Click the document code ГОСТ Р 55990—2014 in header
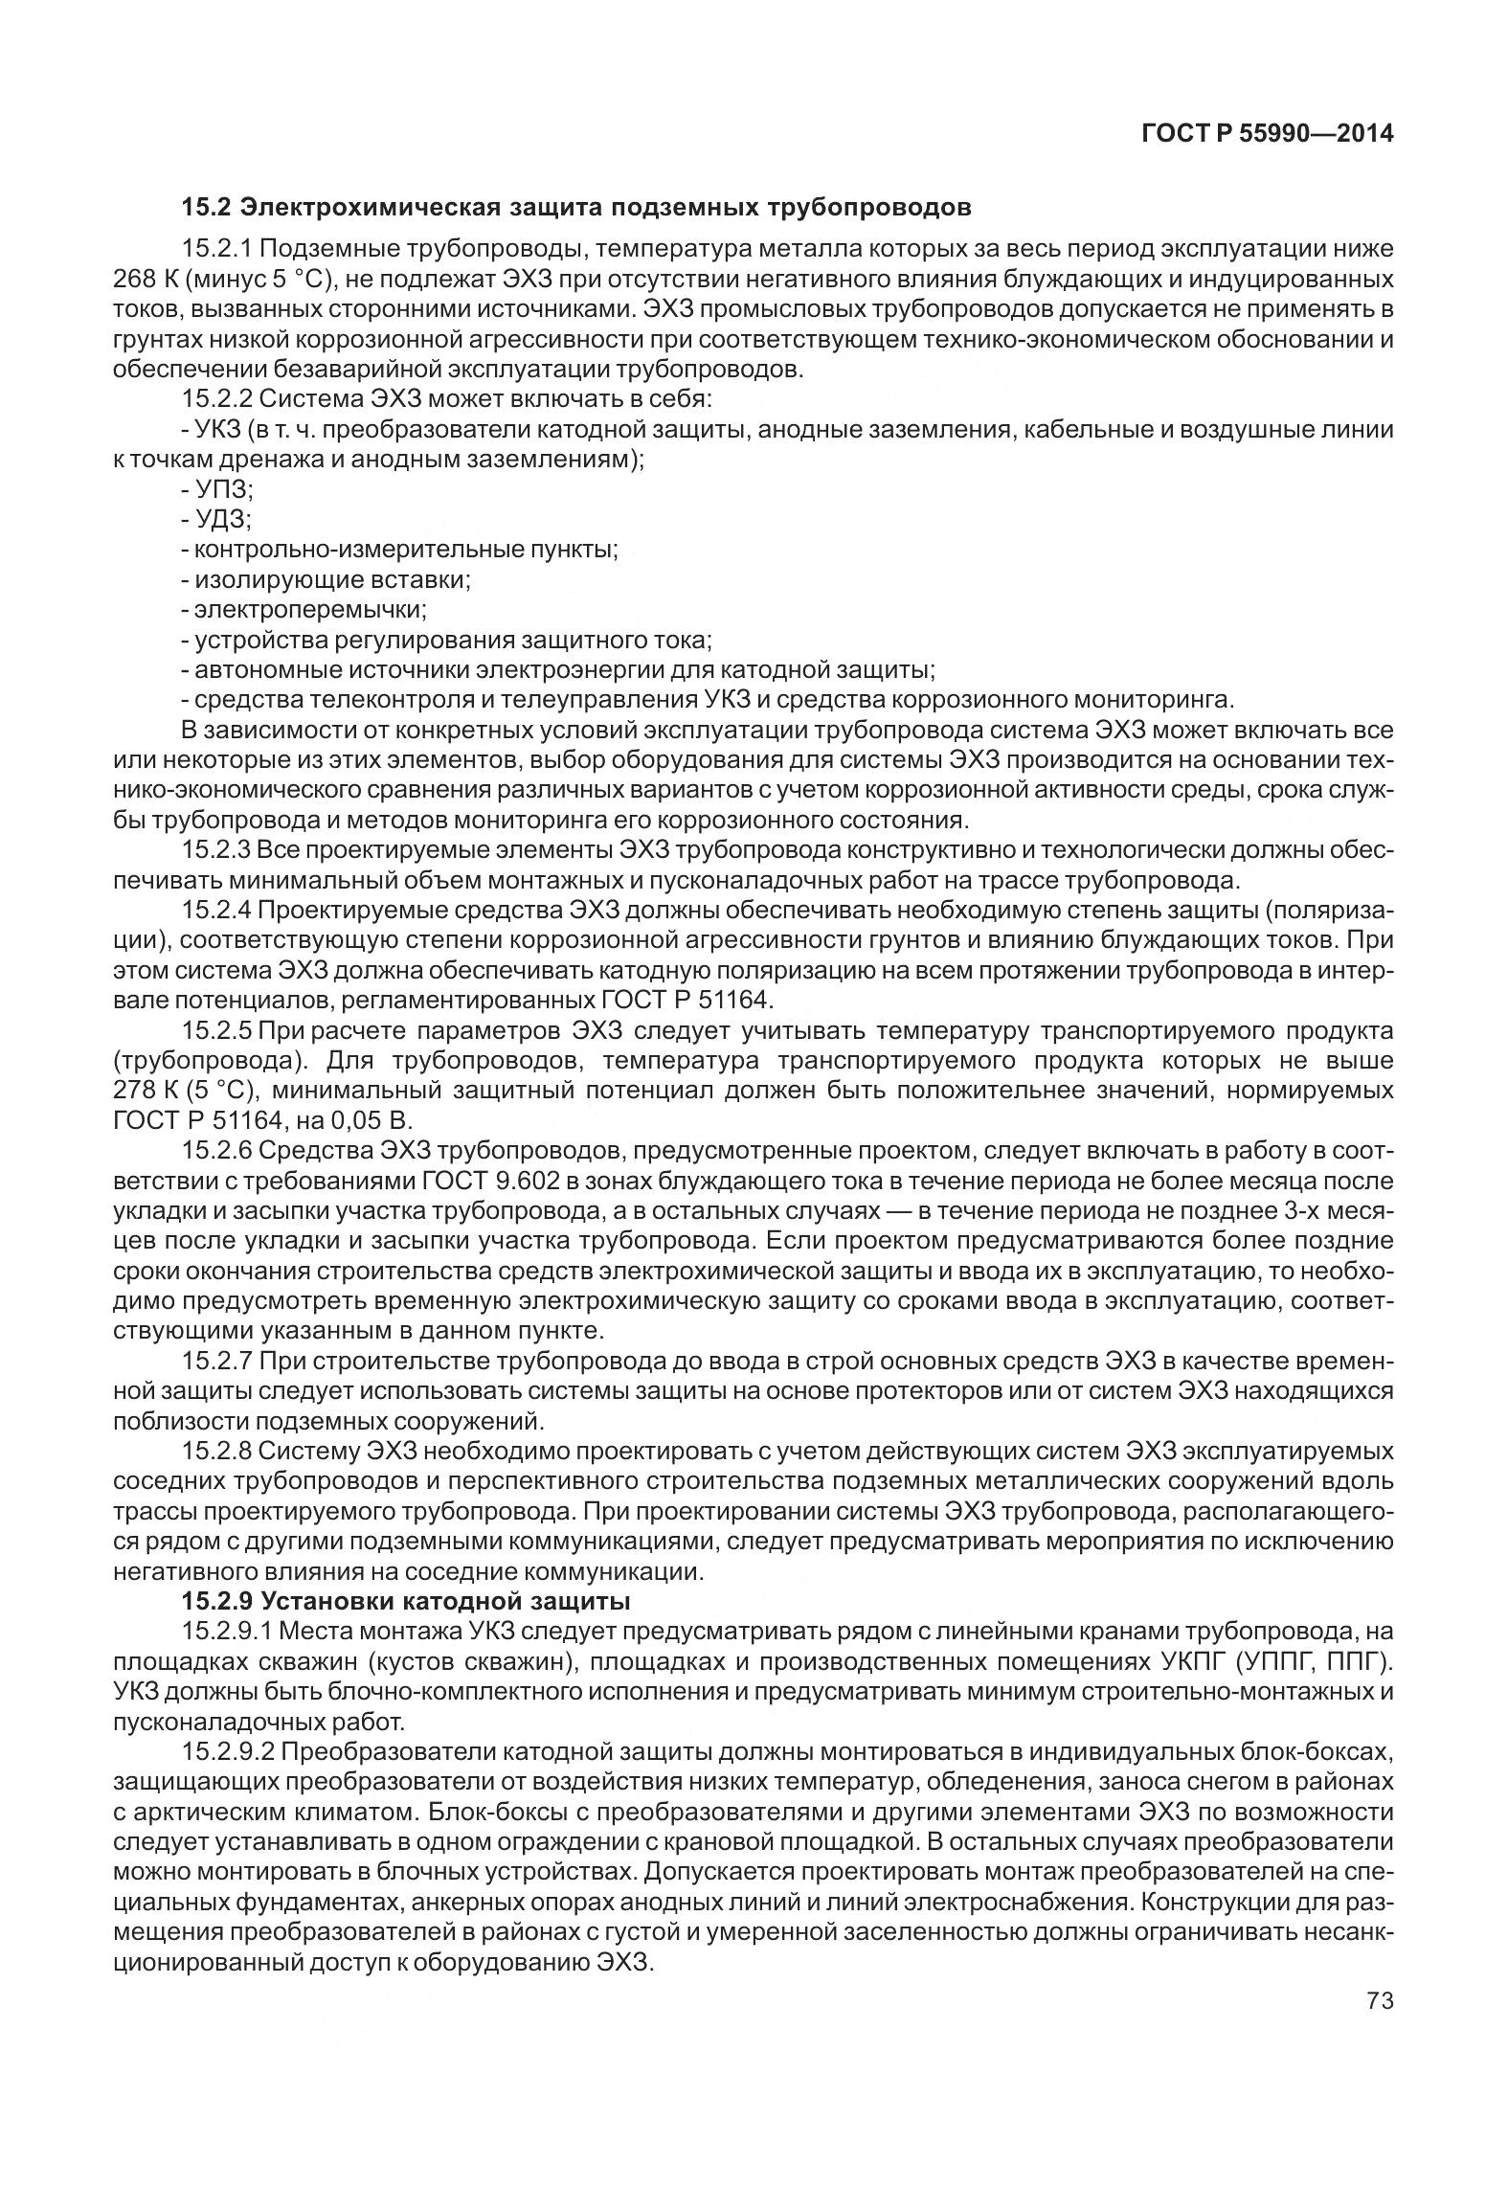(x=1267, y=134)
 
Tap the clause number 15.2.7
(x=217, y=1363)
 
